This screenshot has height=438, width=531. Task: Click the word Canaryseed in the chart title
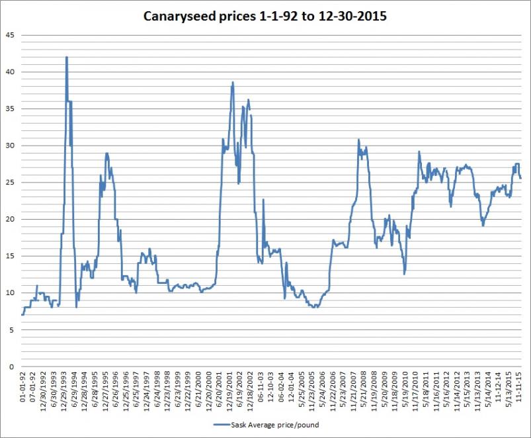(178, 16)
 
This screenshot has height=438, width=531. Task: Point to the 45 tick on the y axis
(8, 35)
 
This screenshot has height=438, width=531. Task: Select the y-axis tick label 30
(8, 146)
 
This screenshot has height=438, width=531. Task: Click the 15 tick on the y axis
(8, 256)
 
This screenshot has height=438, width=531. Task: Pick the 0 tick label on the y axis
(10, 367)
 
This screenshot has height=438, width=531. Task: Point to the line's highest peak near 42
(67, 58)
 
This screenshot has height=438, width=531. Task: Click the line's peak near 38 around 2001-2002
(233, 83)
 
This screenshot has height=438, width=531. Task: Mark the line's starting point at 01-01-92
(22, 315)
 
